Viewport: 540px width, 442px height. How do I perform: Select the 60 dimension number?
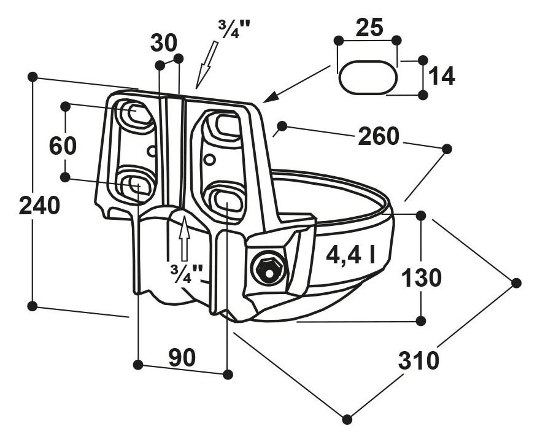point(63,146)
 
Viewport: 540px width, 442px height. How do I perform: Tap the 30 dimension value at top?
point(164,43)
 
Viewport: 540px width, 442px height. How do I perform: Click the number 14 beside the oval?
point(442,77)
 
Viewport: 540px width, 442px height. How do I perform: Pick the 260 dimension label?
point(379,136)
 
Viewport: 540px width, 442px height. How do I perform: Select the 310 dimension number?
point(419,360)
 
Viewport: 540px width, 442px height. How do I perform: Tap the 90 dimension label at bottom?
point(182,357)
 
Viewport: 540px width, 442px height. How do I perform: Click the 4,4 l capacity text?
point(351,255)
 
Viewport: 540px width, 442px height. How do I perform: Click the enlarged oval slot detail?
point(368,77)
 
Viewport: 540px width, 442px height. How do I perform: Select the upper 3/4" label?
point(234,29)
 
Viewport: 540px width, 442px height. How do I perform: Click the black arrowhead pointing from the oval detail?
point(270,96)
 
